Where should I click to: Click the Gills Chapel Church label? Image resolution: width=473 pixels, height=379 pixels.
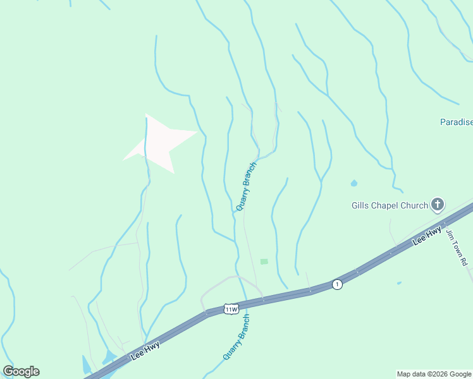pos(390,205)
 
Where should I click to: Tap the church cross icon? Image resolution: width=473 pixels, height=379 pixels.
pos(437,205)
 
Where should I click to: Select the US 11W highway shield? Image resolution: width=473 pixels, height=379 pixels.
pos(231,309)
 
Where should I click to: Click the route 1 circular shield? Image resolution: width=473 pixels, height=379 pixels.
pos(338,284)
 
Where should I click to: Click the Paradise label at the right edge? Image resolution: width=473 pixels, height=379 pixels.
pos(456,122)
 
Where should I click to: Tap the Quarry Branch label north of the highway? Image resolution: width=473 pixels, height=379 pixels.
pos(247,186)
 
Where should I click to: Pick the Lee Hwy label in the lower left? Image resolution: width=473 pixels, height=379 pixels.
pos(145,350)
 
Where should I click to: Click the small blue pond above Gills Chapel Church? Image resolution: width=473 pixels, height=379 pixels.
pos(353,184)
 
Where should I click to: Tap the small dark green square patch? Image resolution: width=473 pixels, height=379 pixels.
pos(264,262)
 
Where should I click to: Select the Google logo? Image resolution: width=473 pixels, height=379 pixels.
pos(21,371)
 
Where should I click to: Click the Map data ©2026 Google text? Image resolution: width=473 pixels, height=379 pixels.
pos(434,374)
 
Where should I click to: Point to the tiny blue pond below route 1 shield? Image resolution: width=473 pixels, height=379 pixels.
pos(399,283)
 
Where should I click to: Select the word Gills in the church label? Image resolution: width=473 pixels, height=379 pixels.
pos(360,205)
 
